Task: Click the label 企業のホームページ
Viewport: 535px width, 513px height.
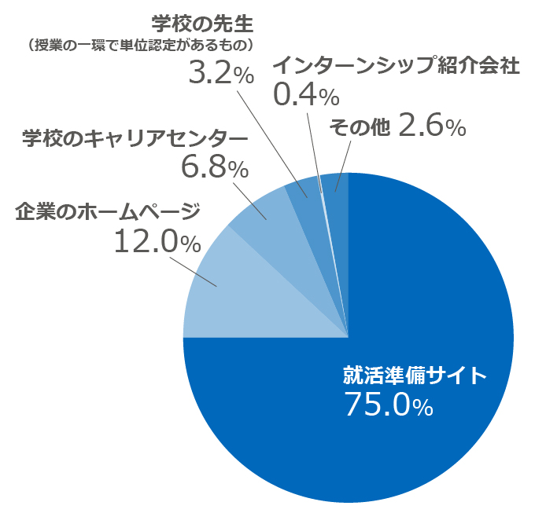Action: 108,212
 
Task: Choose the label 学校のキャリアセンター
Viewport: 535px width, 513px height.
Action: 134,138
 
